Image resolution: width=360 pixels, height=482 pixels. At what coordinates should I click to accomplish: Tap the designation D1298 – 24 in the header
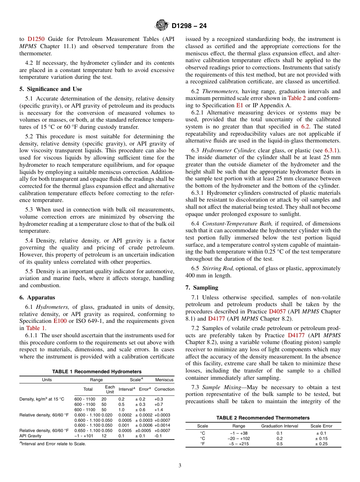click(189, 27)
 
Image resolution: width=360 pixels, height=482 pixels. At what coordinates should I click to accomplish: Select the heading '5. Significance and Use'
click(50, 89)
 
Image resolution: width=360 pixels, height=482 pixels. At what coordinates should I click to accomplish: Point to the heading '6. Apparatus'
click(37, 297)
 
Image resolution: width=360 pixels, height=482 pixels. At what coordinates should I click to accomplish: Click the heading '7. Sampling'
click(202, 288)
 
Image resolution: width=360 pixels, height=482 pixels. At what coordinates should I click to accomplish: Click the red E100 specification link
click(60, 321)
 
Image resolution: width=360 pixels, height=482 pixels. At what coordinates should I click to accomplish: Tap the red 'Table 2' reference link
click(296, 99)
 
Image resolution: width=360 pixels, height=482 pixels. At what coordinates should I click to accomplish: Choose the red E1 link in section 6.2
click(239, 105)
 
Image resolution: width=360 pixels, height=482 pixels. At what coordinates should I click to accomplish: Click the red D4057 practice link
click(277, 311)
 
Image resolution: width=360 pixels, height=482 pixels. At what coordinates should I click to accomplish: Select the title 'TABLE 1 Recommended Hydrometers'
click(97, 372)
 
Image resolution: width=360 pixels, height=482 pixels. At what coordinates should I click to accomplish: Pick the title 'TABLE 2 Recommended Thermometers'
click(263, 418)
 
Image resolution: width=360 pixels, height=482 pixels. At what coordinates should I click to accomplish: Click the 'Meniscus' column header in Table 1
click(164, 380)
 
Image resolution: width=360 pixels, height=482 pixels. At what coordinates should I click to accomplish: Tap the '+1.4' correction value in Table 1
click(159, 410)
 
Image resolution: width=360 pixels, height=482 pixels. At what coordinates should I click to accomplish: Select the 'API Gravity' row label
click(30, 436)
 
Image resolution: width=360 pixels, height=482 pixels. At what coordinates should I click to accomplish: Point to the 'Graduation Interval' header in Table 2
click(280, 426)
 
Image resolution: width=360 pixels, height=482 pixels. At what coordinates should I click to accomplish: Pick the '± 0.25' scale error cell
click(321, 444)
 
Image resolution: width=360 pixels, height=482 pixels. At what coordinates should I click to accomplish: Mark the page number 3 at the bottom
click(180, 466)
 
